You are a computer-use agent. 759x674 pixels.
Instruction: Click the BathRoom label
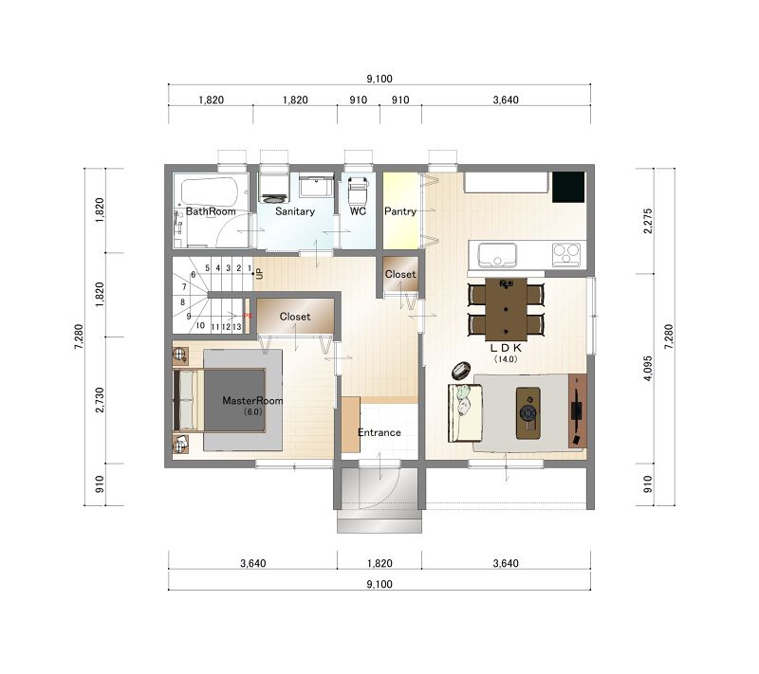(x=211, y=211)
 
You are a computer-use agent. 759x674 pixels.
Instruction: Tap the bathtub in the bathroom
(x=210, y=191)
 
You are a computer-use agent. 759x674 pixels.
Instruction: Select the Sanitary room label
(x=295, y=211)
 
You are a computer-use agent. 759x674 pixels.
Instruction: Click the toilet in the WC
(x=358, y=189)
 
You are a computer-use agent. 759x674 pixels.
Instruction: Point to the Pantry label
(x=400, y=211)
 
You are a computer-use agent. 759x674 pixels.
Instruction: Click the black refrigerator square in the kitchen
(x=568, y=187)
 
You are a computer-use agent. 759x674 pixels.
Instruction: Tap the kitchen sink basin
(x=497, y=254)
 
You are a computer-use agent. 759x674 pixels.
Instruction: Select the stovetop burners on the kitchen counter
(x=566, y=254)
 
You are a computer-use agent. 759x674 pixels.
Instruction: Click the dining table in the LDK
(x=506, y=309)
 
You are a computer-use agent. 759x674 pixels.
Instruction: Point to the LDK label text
(x=506, y=347)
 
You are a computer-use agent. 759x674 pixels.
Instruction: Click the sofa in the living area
(x=464, y=412)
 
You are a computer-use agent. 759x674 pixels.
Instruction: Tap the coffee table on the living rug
(x=528, y=413)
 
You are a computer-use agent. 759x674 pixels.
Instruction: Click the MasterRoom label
(x=252, y=400)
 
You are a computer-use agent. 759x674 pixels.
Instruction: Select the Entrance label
(x=379, y=432)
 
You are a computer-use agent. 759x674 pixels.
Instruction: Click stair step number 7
(x=184, y=286)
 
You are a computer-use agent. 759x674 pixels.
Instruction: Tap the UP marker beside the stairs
(x=259, y=274)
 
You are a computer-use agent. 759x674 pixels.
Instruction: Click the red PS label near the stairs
(x=248, y=317)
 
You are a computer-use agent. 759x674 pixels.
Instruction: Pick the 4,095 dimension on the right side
(x=648, y=369)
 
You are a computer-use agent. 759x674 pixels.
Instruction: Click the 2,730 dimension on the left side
(x=100, y=400)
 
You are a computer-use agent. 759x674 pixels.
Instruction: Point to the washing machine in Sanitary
(x=274, y=188)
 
